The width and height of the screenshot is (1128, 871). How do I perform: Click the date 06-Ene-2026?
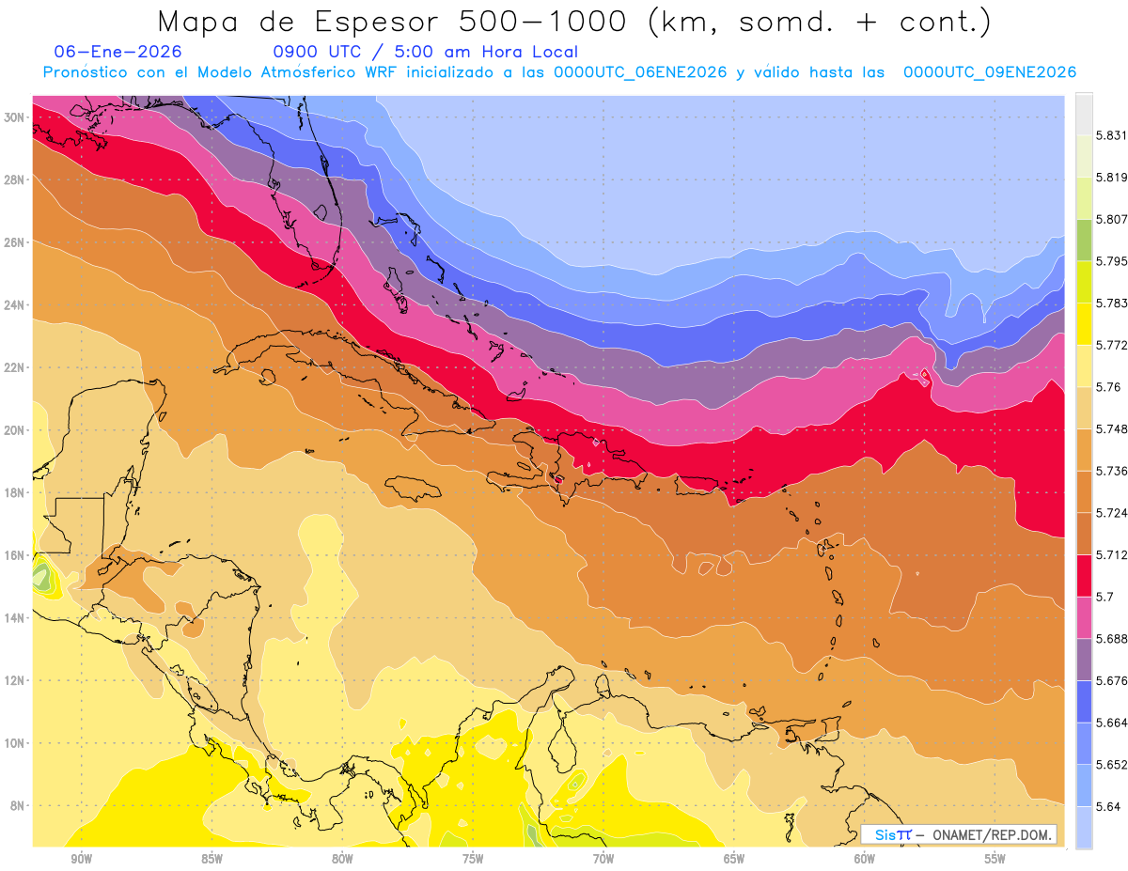117,52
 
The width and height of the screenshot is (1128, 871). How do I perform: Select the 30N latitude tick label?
15,117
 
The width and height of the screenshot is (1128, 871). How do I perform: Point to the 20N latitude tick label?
15,430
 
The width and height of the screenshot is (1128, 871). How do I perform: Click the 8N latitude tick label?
15,805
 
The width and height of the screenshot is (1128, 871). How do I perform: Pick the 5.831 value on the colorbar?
1111,135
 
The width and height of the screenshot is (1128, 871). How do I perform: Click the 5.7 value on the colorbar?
1105,597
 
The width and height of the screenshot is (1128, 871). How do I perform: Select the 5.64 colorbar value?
1108,806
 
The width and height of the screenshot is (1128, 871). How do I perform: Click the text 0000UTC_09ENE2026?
989,72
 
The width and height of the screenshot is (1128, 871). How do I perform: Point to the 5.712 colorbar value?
1111,554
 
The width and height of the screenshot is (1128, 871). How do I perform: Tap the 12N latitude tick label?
15,680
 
